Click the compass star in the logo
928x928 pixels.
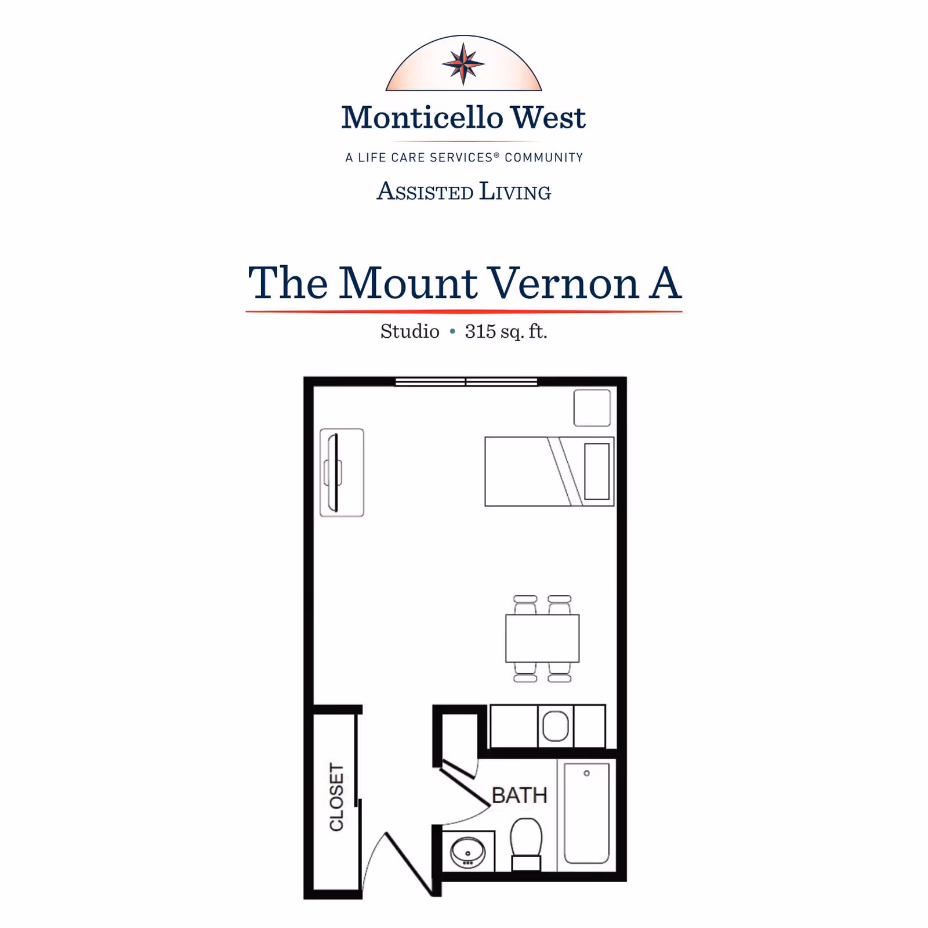click(463, 64)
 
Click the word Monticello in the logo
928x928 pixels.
click(422, 118)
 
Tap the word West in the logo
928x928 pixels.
click(548, 118)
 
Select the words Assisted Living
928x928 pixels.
click(463, 192)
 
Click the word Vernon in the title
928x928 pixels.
click(562, 283)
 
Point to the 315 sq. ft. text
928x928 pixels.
click(506, 331)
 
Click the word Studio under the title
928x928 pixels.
click(409, 331)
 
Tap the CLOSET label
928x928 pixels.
click(336, 796)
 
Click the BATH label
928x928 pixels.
click(519, 795)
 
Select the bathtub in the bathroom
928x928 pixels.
click(586, 813)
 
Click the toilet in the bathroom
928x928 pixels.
click(526, 842)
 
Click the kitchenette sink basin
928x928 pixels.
click(555, 726)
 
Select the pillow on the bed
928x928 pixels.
click(597, 471)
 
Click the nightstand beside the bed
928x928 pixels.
click(592, 408)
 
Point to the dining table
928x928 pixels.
click(542, 638)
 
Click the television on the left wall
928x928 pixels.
click(333, 472)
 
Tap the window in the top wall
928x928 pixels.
click(466, 381)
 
